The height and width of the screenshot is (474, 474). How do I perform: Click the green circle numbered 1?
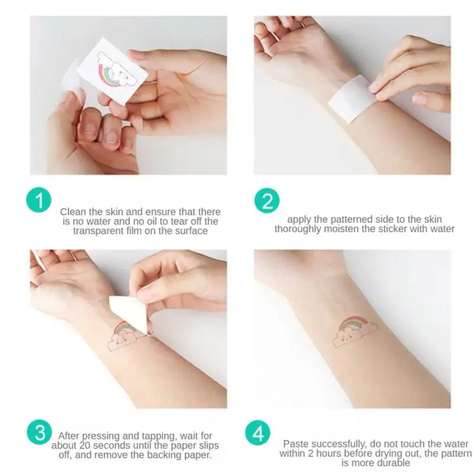pos(39,200)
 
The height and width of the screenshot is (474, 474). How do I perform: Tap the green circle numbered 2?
pos(267,200)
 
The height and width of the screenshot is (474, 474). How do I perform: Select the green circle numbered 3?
pos(39,432)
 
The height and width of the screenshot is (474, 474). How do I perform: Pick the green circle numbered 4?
pos(258,433)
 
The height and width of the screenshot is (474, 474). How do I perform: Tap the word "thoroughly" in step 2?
pos(298,229)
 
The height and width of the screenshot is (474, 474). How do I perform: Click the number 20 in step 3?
pos(85,446)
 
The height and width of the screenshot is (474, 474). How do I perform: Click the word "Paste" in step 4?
pos(296,444)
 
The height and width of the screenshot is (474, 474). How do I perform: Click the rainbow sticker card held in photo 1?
pos(112,72)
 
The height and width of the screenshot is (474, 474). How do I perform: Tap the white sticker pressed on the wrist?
pos(351,98)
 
